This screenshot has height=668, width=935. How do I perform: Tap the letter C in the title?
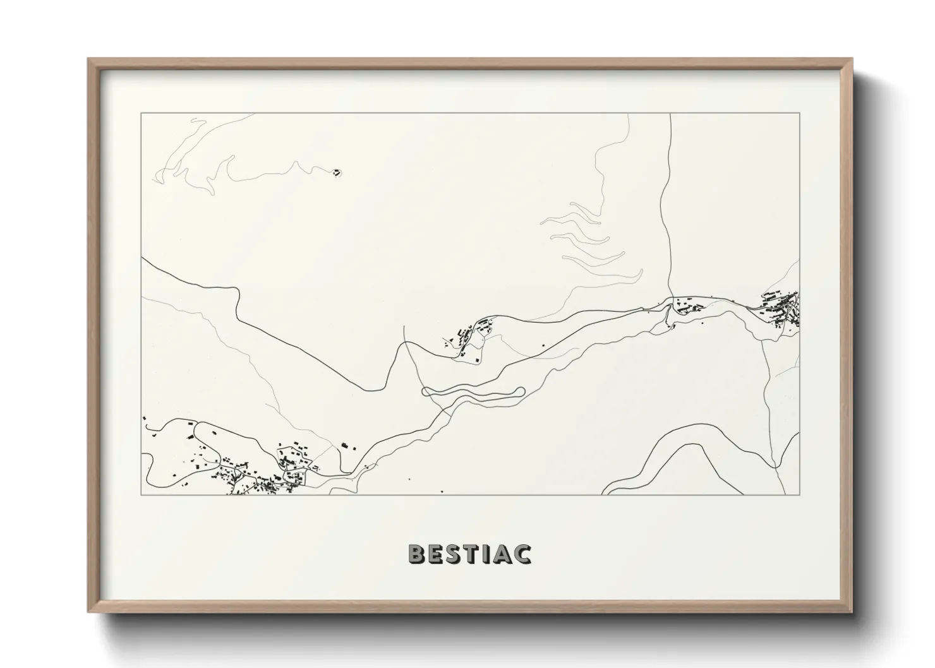click(522, 554)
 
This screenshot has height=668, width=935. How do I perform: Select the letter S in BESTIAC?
click(455, 554)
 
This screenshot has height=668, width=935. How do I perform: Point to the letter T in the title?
click(473, 554)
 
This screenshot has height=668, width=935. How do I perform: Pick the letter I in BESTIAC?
click(488, 554)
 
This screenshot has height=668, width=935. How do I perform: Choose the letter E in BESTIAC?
click(437, 554)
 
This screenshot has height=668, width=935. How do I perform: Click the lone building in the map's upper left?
click(337, 171)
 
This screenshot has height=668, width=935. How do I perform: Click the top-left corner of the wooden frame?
click(90, 60)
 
